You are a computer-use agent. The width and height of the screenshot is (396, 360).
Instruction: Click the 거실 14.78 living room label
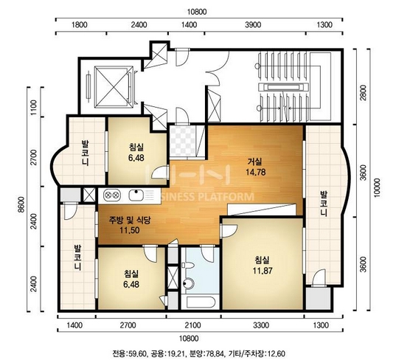click(x=256, y=167)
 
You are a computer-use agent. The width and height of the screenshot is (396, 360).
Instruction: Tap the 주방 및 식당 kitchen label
click(x=130, y=221)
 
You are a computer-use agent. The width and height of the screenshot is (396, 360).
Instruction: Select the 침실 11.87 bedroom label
click(x=263, y=266)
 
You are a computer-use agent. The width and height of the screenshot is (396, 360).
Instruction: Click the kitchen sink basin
click(x=136, y=195)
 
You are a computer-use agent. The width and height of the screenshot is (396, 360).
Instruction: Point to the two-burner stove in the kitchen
click(x=111, y=195)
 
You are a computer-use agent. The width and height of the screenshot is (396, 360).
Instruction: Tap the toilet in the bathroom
click(x=187, y=266)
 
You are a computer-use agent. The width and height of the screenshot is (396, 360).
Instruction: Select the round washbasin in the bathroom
click(x=188, y=283)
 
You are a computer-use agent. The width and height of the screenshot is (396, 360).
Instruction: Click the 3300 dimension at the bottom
click(x=261, y=325)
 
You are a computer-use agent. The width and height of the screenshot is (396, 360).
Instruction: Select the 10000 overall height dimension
click(x=377, y=188)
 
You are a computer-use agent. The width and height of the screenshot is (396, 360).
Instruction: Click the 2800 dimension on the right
click(x=363, y=93)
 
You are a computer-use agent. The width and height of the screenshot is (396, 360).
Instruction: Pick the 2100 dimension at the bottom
click(x=192, y=325)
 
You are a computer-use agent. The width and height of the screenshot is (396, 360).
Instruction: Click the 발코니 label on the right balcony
click(x=324, y=204)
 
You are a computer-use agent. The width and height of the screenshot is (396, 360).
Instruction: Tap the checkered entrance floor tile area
click(x=183, y=140)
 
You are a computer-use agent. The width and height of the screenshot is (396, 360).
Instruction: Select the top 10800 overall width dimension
click(x=197, y=12)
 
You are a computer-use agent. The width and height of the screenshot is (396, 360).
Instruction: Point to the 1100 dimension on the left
click(x=33, y=107)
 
